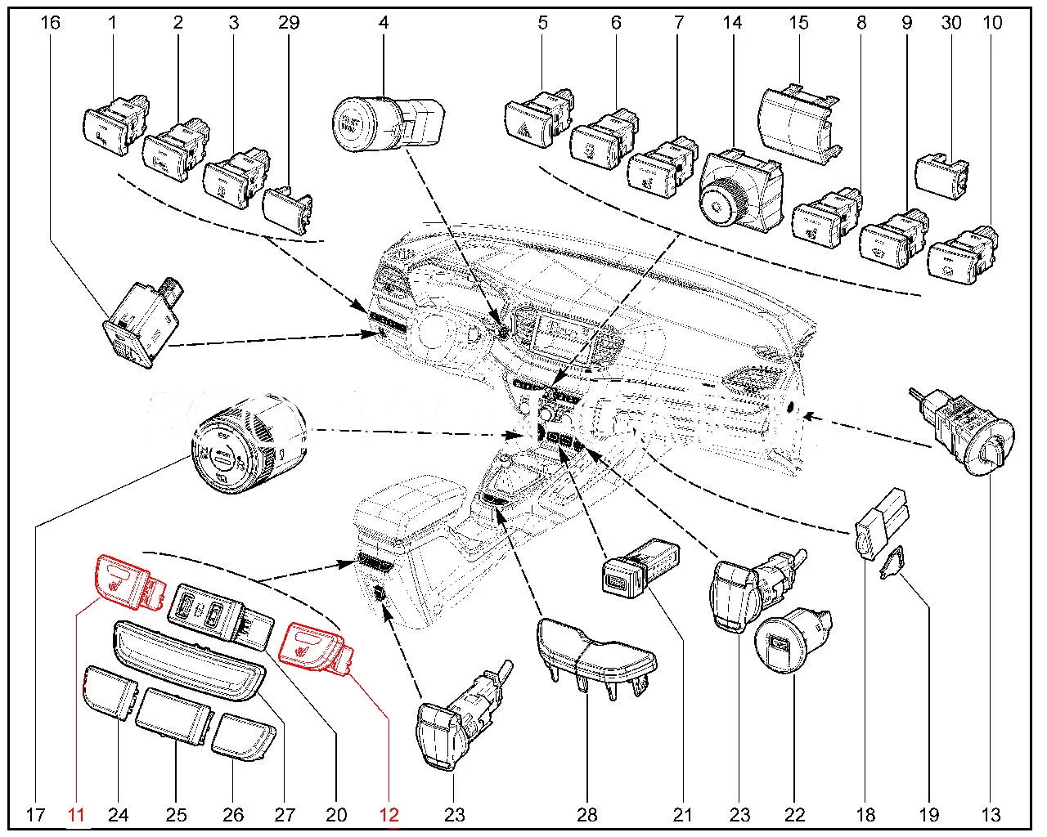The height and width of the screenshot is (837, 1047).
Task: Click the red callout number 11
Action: point(76,814)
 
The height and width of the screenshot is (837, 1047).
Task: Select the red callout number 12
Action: point(389,814)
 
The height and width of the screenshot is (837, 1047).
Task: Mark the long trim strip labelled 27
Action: point(190,658)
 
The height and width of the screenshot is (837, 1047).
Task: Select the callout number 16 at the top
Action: point(50,22)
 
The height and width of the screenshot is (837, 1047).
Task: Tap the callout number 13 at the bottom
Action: point(991,814)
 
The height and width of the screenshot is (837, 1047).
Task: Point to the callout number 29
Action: point(289,22)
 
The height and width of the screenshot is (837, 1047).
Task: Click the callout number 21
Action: point(682,814)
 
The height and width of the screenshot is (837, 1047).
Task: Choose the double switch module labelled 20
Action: point(217,613)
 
